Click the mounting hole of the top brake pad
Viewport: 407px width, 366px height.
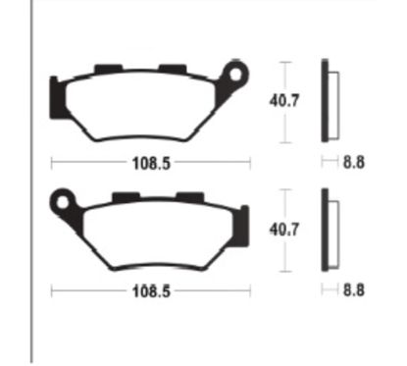click(x=235, y=75)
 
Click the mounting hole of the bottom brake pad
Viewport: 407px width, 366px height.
click(x=62, y=202)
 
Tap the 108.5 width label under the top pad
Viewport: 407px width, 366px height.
click(x=151, y=163)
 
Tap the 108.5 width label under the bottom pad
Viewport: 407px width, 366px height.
click(x=151, y=290)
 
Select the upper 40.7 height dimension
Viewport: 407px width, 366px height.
click(x=284, y=100)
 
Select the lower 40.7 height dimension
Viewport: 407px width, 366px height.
click(x=284, y=230)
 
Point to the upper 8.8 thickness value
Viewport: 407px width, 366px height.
click(x=354, y=162)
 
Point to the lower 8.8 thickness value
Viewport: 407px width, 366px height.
click(x=354, y=290)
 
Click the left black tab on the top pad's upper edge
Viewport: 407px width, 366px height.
click(x=109, y=69)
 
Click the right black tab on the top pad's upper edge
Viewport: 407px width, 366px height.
click(x=173, y=69)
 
